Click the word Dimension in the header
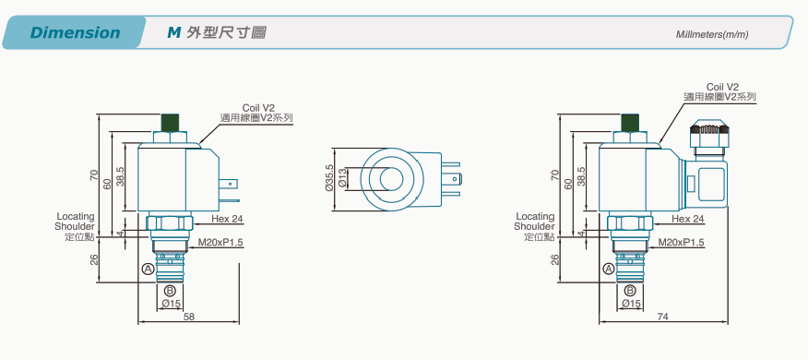click(76, 32)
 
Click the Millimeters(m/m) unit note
click(712, 34)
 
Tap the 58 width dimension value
click(189, 317)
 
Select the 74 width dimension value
click(662, 317)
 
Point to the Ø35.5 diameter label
click(329, 178)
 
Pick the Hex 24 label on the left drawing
click(227, 219)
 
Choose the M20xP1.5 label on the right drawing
click(682, 243)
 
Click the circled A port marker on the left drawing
click(149, 269)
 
